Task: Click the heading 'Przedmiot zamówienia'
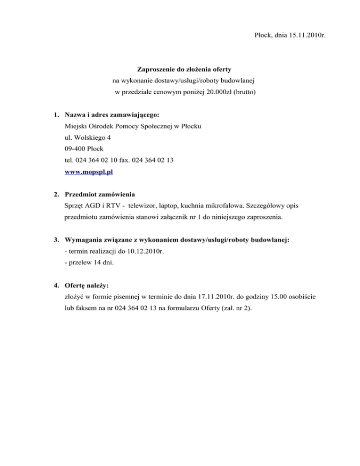pos(100,195)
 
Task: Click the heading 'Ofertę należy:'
pos(88,286)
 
